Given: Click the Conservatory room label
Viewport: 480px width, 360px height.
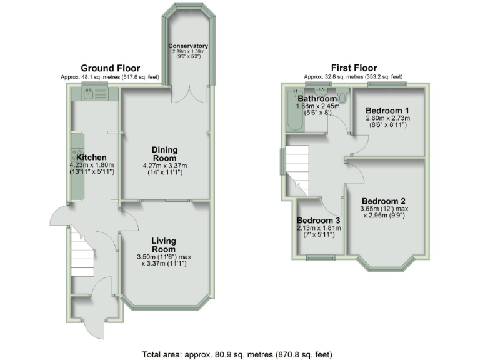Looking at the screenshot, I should (188, 47).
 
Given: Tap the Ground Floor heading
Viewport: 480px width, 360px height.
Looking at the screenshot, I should (109, 68).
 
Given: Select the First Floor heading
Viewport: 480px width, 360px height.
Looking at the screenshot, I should (355, 68).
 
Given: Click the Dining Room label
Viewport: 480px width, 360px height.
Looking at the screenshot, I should (165, 154).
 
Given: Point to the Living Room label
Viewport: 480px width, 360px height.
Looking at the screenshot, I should (163, 246).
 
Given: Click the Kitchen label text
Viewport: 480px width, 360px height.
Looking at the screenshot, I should (91, 157).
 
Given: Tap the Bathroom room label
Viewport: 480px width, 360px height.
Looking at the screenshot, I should (317, 99).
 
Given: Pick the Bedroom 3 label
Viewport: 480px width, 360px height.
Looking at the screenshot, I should (319, 221).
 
